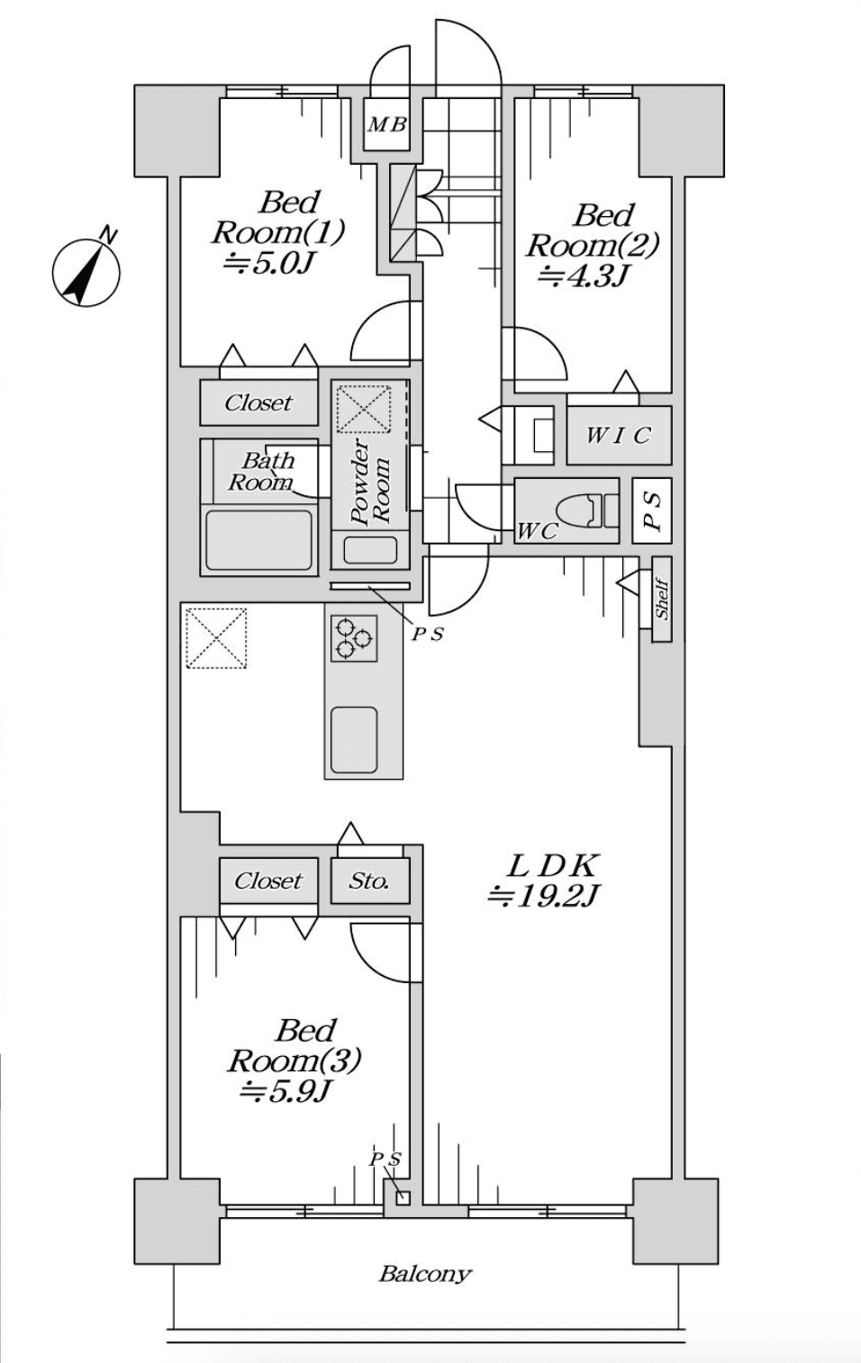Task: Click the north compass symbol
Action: [x=86, y=272]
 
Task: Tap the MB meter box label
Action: [x=386, y=124]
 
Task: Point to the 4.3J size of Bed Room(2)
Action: [x=582, y=275]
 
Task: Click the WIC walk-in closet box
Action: [x=618, y=436]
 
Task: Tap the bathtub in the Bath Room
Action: [x=258, y=540]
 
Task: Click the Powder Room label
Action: [x=371, y=482]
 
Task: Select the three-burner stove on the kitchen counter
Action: [x=352, y=637]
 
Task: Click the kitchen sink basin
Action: [x=353, y=738]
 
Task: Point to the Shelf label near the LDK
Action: [x=661, y=599]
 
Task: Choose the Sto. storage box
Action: [x=369, y=880]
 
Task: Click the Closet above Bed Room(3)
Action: [x=268, y=880]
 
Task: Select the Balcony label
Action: [x=425, y=1274]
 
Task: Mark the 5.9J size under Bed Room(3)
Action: [x=286, y=1091]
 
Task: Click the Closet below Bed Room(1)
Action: [x=258, y=402]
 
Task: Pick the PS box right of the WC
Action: [x=652, y=510]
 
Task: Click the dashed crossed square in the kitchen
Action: [x=216, y=637]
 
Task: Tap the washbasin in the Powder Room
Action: [x=370, y=549]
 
